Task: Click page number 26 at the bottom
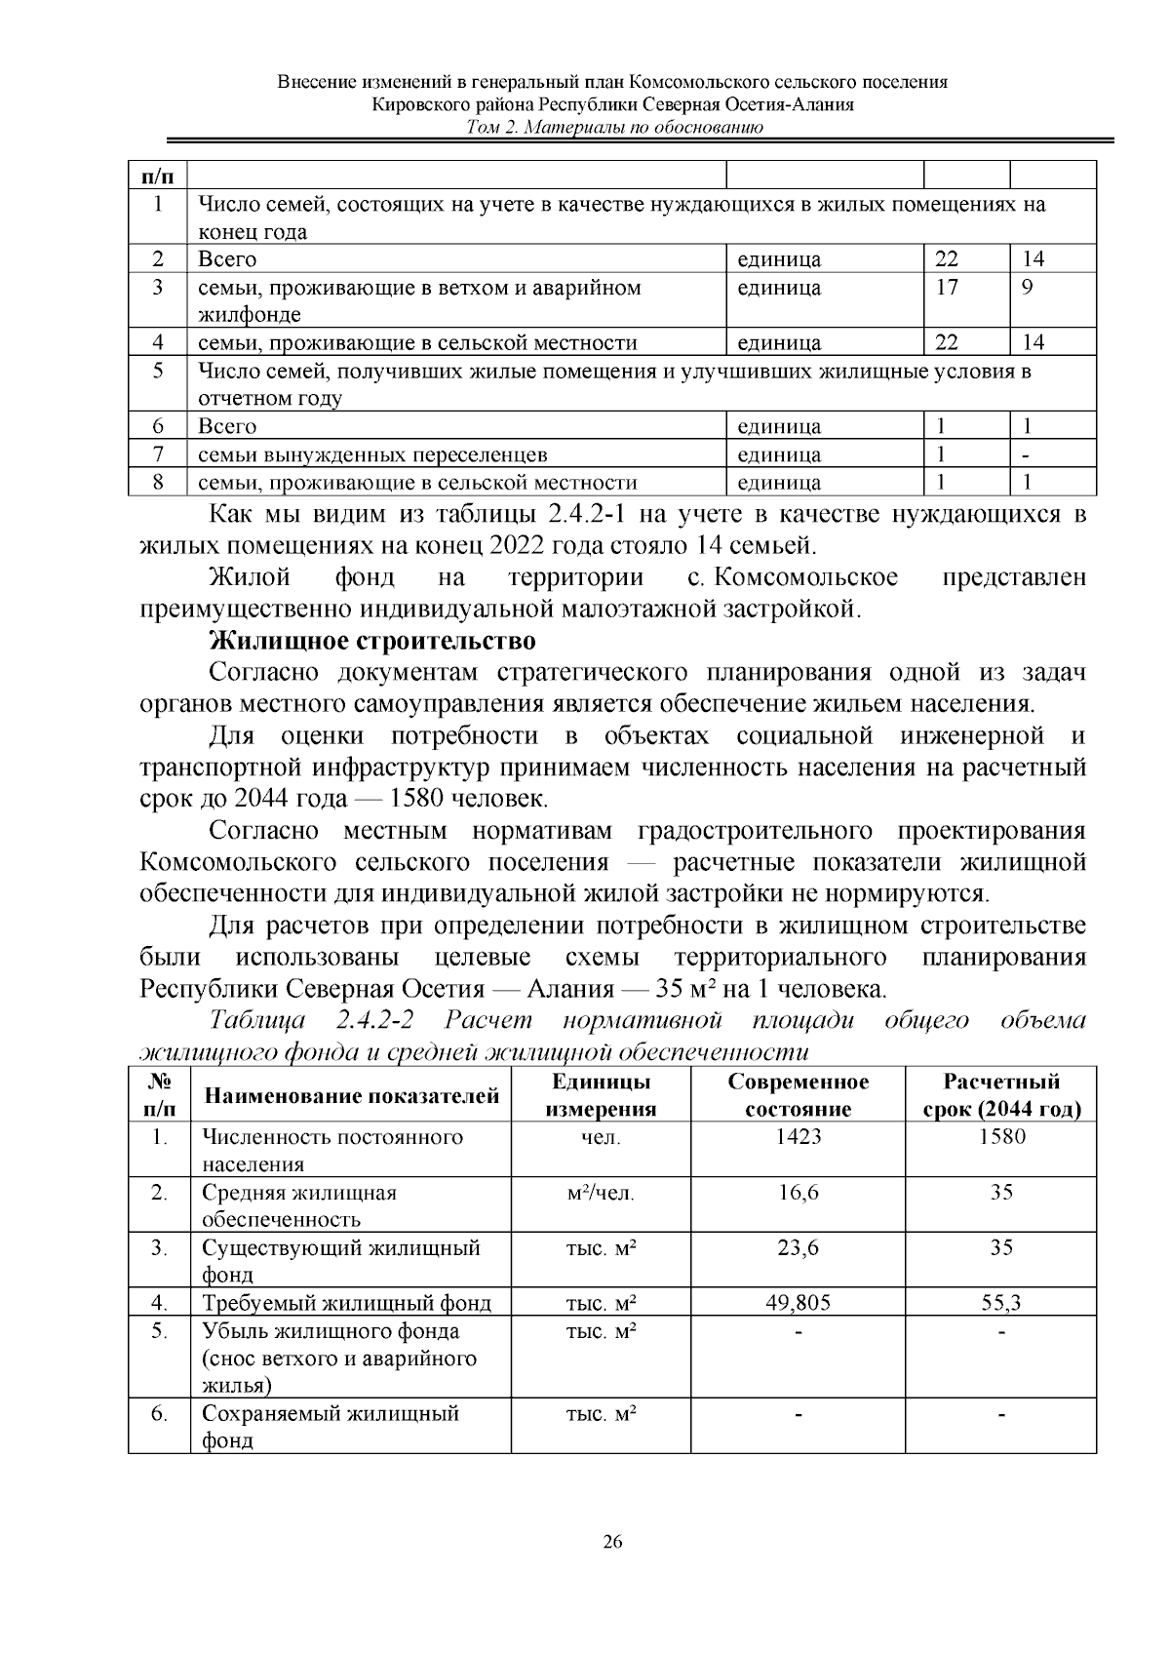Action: pyautogui.click(x=612, y=1542)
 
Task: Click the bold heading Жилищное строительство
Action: pyautogui.click(x=372, y=642)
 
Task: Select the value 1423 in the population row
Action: pyautogui.click(x=798, y=1136)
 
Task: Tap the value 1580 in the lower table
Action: pyautogui.click(x=1001, y=1136)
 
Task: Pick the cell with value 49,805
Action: pyautogui.click(x=798, y=1303)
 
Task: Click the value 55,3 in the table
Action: pyautogui.click(x=1001, y=1303)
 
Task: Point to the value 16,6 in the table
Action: pyautogui.click(x=798, y=1192)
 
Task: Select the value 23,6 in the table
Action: pyautogui.click(x=798, y=1247)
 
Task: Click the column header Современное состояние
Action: pyautogui.click(x=798, y=1095)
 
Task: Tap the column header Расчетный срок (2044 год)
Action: pyautogui.click(x=1001, y=1095)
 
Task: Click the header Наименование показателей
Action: pyautogui.click(x=351, y=1096)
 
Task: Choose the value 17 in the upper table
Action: pyautogui.click(x=946, y=288)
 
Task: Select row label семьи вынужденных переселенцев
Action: pyautogui.click(x=372, y=454)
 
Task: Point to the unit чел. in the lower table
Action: pyautogui.click(x=601, y=1136)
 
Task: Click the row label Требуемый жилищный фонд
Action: pyautogui.click(x=346, y=1303)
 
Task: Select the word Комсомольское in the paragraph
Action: pyautogui.click(x=806, y=577)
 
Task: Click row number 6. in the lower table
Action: pyautogui.click(x=159, y=1413)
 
